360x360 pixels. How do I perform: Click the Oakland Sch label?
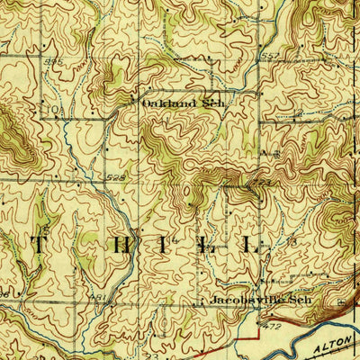[x=181, y=103]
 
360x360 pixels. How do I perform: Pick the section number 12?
[x=300, y=114]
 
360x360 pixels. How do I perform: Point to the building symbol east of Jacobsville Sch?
[x=338, y=301]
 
